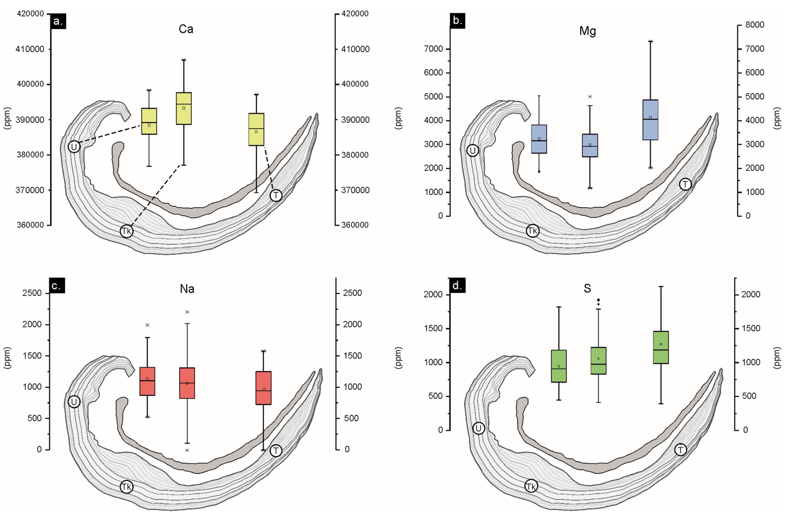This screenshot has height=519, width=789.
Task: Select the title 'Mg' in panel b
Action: point(588,31)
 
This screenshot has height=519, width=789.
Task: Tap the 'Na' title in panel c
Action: point(187,289)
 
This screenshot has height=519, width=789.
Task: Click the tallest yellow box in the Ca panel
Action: point(184,108)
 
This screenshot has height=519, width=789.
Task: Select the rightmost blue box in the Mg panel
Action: point(650,120)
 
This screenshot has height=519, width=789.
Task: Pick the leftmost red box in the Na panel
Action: point(147,381)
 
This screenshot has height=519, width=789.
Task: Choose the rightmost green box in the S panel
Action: point(661,347)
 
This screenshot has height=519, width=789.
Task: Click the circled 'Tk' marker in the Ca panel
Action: point(126,231)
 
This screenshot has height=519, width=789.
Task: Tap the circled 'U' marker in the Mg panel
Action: point(473,151)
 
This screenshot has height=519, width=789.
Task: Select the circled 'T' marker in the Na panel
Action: point(276,451)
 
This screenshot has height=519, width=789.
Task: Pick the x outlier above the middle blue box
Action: point(590,97)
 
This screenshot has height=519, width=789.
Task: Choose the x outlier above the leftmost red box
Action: point(148,325)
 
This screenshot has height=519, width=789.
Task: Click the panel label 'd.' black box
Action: point(457,286)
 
